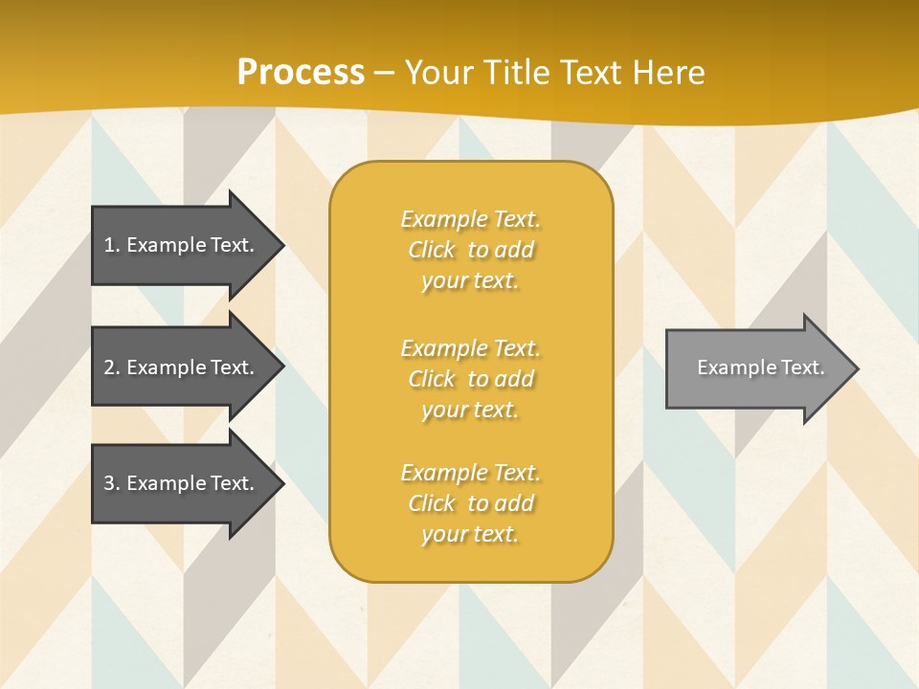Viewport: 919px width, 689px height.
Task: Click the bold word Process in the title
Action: (301, 73)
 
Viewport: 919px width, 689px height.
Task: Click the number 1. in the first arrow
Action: (112, 245)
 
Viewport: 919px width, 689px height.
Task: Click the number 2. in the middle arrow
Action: (112, 367)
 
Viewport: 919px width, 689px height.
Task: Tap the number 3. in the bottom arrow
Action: (112, 483)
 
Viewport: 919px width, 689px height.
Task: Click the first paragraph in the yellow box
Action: (470, 250)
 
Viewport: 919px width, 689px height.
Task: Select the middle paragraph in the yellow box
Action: (470, 378)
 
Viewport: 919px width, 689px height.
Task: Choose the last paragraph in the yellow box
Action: (470, 503)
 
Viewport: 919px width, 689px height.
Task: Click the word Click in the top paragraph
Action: (432, 250)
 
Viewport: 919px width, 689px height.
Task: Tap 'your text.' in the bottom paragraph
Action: (470, 535)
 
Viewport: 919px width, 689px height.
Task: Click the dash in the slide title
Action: (385, 73)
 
